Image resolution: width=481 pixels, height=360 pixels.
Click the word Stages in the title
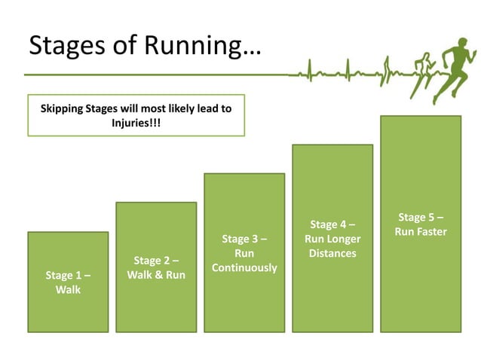tap(66, 46)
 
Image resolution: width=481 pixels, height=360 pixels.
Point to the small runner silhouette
tap(424, 72)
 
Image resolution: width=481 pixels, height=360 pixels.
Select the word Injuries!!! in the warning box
tap(136, 122)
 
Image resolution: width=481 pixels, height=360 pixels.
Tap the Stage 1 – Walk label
tap(68, 282)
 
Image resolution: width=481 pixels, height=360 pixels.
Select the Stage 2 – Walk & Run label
tap(156, 268)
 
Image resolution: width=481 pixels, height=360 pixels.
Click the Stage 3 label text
tap(244, 239)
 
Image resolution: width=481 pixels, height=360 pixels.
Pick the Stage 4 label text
tap(332, 224)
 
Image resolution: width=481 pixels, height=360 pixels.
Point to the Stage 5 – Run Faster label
tap(421, 224)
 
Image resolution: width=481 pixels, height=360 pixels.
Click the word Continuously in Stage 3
tap(244, 268)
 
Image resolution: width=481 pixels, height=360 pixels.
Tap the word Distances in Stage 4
tap(332, 254)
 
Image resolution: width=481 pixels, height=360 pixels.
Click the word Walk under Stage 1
tap(68, 290)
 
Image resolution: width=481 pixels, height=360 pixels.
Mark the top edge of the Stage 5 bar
tap(421, 116)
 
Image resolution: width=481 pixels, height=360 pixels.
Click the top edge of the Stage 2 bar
tap(156, 203)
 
